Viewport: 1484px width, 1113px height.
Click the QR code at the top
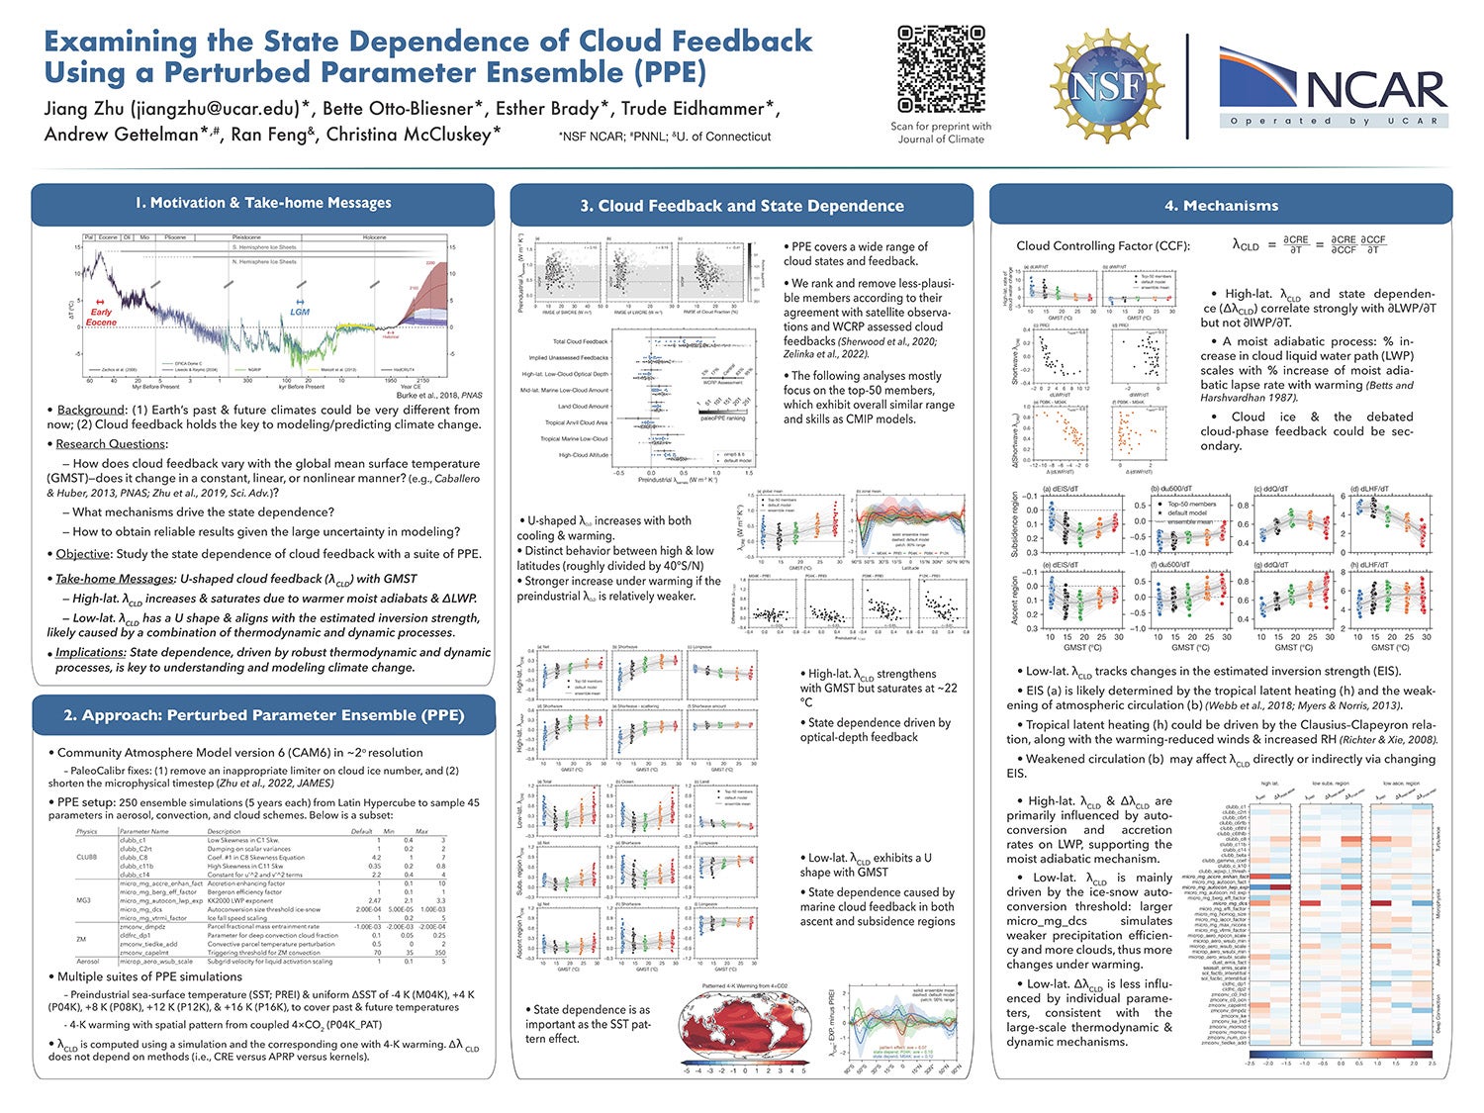[941, 69]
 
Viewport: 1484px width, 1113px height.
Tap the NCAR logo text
[1376, 90]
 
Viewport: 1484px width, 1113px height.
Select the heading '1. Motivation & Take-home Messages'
[262, 203]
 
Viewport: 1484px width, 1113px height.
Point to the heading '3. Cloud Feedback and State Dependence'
[741, 206]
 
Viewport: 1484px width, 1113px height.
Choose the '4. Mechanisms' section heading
[1221, 206]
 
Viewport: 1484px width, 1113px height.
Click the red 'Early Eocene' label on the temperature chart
[101, 317]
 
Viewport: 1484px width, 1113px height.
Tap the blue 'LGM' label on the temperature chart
[300, 312]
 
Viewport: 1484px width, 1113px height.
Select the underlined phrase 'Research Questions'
[111, 444]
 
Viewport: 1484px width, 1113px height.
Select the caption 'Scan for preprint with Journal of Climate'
[940, 133]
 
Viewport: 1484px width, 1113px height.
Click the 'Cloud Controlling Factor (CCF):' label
[1103, 246]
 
